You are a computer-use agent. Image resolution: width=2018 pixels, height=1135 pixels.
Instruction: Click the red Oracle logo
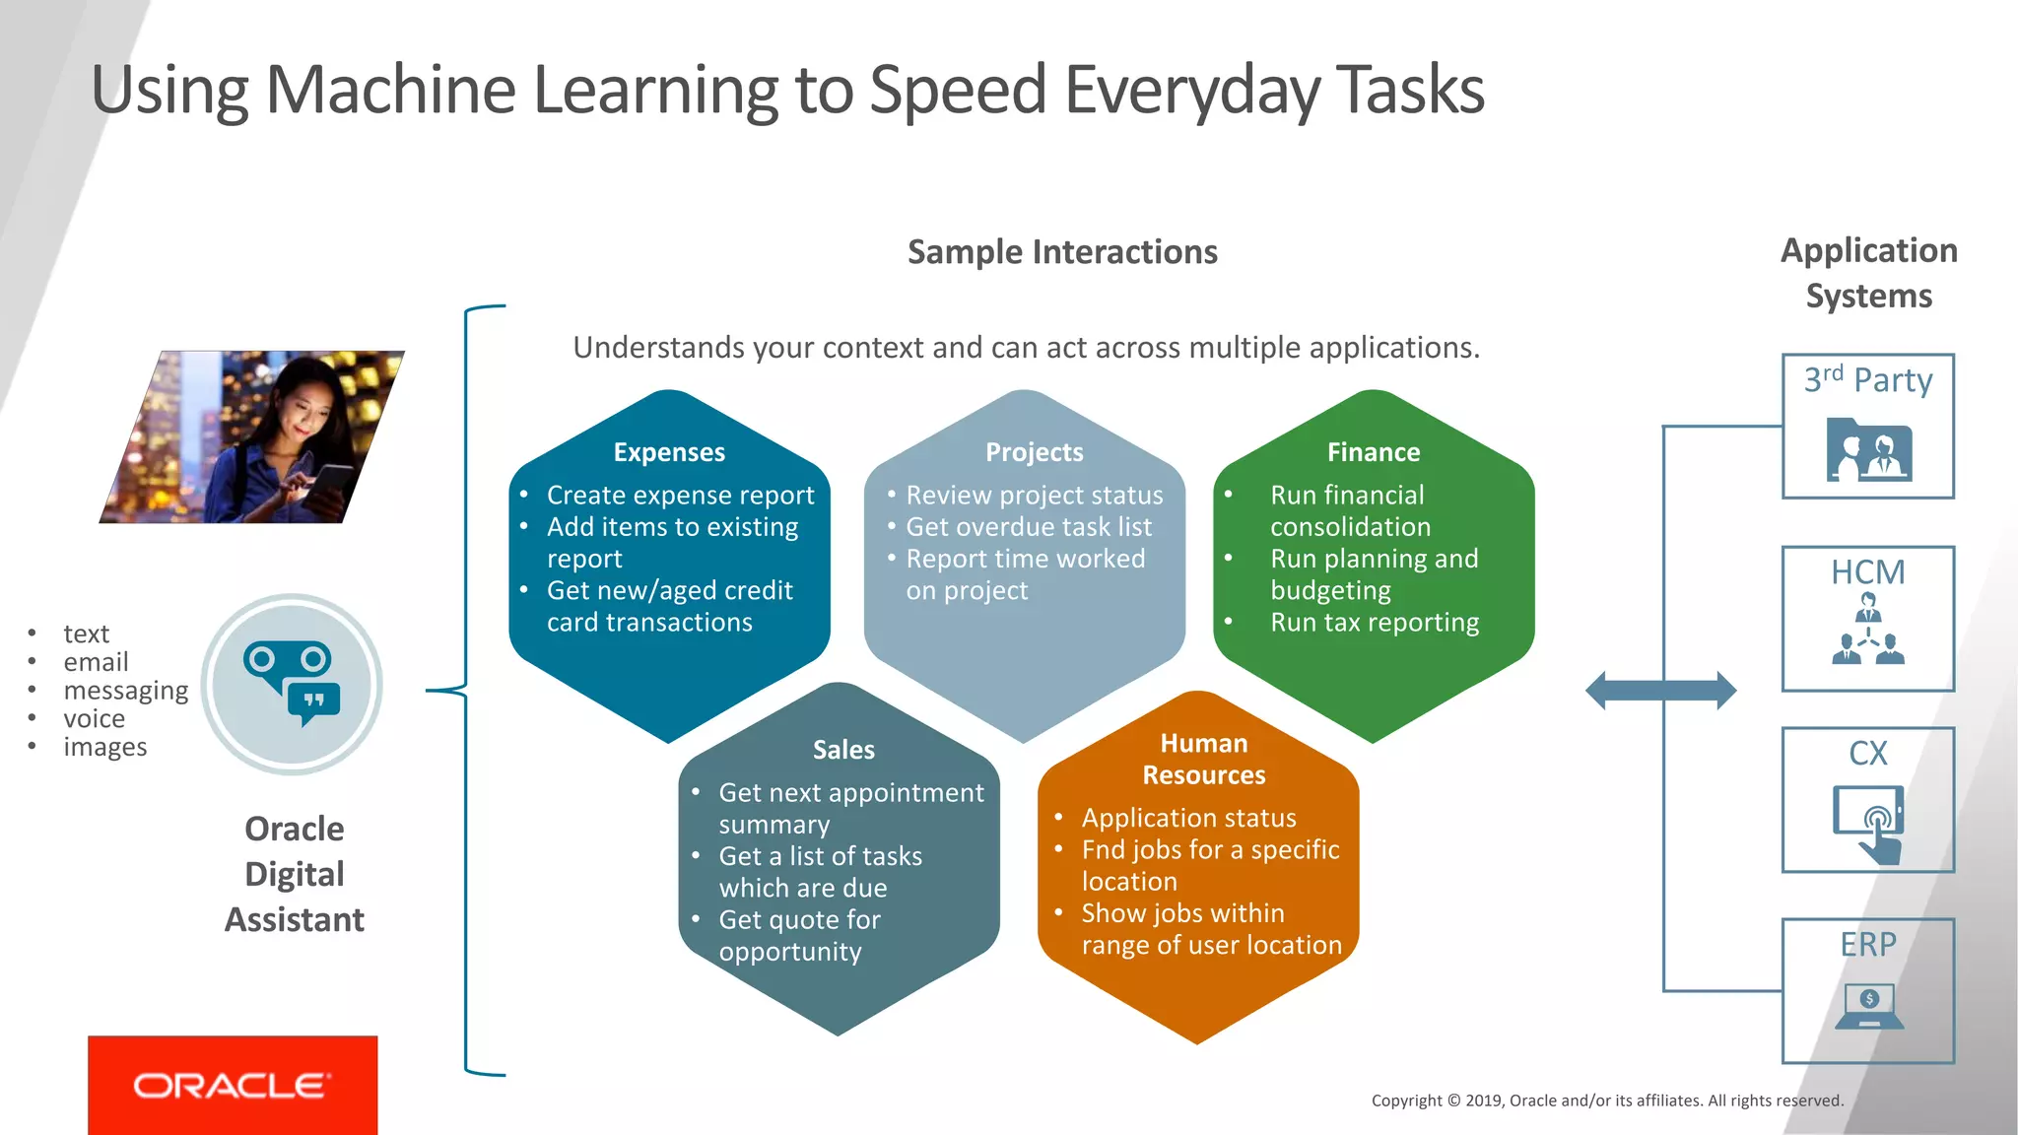click(x=233, y=1085)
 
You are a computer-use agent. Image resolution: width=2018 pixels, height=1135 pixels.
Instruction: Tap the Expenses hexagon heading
click(x=669, y=452)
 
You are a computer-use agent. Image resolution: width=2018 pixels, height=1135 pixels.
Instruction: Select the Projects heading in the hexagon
click(x=1034, y=452)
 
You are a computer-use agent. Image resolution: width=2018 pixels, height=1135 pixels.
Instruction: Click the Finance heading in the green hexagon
click(x=1374, y=452)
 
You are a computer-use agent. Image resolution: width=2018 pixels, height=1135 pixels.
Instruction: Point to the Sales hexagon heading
click(x=843, y=750)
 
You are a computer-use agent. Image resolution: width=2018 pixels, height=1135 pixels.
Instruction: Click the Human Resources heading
click(x=1204, y=759)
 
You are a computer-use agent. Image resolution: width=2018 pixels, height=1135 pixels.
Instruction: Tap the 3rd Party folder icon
click(x=1868, y=450)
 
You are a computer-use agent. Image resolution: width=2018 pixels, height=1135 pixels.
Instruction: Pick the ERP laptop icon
click(x=1868, y=1006)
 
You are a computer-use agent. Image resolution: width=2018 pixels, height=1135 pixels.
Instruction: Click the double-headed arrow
click(x=1660, y=690)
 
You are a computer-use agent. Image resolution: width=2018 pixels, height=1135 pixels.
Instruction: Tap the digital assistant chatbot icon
click(x=292, y=684)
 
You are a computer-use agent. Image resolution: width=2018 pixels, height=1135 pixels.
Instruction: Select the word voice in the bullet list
click(x=95, y=718)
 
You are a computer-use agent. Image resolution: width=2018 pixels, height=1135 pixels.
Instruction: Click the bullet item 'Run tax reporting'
click(x=1375, y=623)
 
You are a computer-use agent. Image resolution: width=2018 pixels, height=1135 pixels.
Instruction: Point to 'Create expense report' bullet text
click(x=680, y=495)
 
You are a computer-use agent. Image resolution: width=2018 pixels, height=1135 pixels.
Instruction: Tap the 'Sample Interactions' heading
click(x=1062, y=252)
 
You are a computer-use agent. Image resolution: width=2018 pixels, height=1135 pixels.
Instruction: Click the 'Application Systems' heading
click(x=1868, y=273)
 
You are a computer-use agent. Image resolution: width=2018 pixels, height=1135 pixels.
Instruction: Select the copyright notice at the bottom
click(x=1607, y=1101)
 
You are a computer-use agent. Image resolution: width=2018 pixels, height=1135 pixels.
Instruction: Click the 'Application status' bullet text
click(x=1188, y=818)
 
